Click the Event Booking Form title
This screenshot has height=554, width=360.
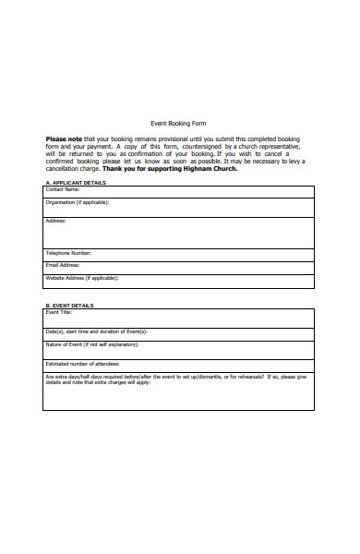[178, 123]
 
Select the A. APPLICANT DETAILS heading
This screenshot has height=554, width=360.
[76, 183]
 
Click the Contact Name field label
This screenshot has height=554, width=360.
[63, 189]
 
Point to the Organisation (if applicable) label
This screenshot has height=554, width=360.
[78, 201]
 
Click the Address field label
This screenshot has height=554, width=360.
[56, 221]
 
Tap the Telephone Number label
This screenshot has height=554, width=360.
[68, 253]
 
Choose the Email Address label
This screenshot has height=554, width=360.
[64, 265]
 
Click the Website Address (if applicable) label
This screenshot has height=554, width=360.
[81, 277]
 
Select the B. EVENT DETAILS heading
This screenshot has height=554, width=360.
[69, 306]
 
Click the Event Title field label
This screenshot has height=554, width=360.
[59, 312]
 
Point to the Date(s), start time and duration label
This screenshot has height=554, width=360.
[96, 331]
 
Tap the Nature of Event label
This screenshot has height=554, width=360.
[91, 344]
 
